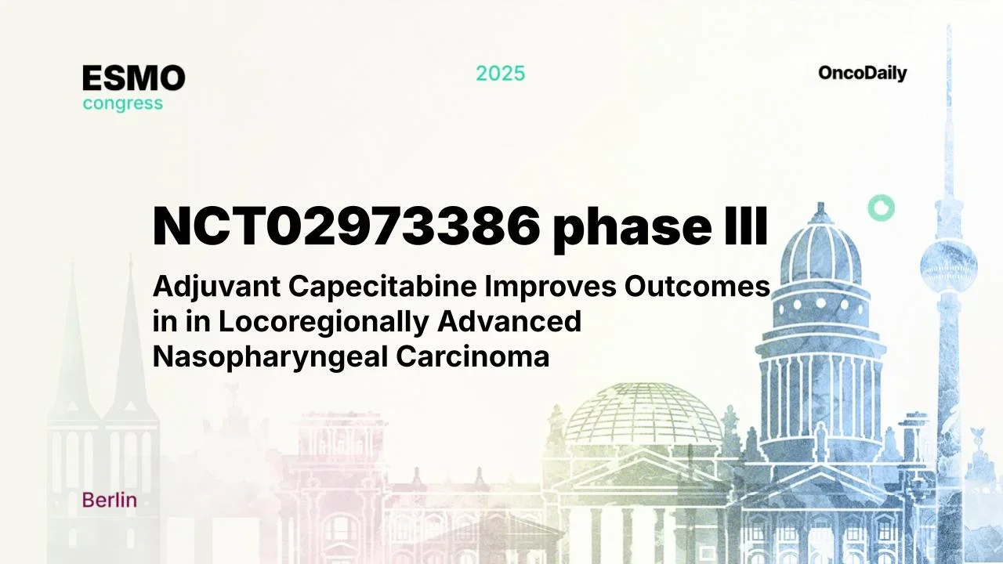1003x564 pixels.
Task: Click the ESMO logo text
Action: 134,78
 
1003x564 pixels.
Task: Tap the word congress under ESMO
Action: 123,103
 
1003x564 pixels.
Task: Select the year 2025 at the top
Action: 501,74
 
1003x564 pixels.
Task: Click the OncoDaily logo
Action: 862,74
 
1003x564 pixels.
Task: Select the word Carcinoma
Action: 473,356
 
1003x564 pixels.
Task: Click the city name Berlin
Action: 109,501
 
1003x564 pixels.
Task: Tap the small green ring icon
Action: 881,208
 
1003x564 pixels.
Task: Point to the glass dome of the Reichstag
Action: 643,416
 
